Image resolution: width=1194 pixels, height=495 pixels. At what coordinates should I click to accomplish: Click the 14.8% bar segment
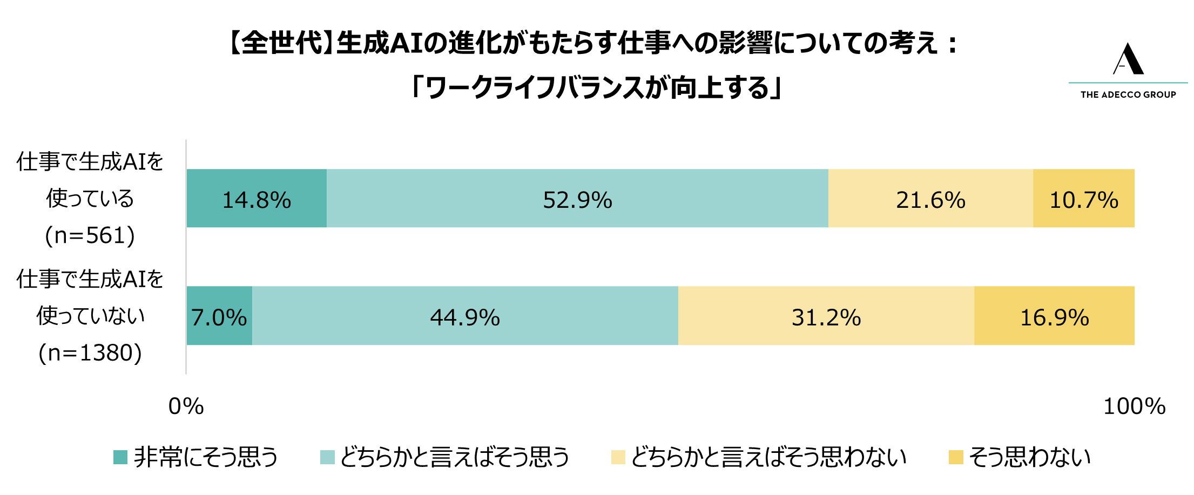(257, 198)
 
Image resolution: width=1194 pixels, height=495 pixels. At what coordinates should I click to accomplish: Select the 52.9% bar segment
(577, 198)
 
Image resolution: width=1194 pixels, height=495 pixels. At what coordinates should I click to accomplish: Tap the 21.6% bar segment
(930, 198)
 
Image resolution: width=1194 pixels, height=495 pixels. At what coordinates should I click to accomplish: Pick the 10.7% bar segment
(1083, 198)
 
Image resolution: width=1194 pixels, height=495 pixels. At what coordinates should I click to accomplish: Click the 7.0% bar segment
(219, 316)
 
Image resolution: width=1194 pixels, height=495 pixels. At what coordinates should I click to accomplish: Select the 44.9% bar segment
(465, 316)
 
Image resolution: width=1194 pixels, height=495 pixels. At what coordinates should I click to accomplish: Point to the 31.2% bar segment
(826, 316)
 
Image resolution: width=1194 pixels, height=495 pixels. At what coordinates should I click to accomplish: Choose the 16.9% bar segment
(1054, 316)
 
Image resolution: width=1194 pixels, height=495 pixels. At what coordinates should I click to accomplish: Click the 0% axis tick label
(186, 406)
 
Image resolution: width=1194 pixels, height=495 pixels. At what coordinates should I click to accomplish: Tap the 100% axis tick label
(1134, 406)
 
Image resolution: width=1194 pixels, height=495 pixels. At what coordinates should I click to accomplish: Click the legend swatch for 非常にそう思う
(120, 457)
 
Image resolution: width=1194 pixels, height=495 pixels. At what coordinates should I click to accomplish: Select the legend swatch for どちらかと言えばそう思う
(327, 457)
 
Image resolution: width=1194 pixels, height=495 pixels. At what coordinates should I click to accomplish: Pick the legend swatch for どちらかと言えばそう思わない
(618, 457)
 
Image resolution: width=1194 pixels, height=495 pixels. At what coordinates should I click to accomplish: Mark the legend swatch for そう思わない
(956, 457)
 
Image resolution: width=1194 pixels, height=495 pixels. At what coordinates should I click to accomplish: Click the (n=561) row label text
(90, 235)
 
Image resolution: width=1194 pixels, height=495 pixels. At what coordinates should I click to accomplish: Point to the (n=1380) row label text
(90, 353)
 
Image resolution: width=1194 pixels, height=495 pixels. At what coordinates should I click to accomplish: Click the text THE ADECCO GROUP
(1128, 95)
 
